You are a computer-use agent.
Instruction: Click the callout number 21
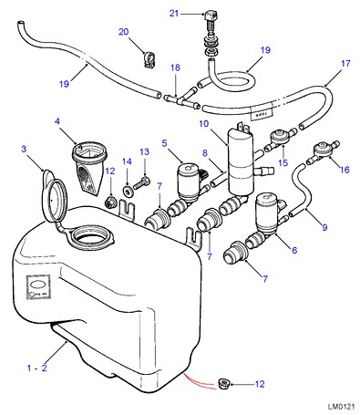coord(174,14)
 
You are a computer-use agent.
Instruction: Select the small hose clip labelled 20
coord(149,59)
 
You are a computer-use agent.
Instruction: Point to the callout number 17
coord(345,64)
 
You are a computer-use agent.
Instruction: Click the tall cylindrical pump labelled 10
coord(241,161)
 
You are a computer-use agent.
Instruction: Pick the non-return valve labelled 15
coord(281,139)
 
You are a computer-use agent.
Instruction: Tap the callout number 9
coord(324,227)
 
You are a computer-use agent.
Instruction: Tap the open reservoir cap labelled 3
coord(54,197)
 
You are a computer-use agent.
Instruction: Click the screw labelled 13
coord(140,183)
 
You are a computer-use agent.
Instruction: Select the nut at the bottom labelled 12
coord(224,384)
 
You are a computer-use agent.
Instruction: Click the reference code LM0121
coord(341,407)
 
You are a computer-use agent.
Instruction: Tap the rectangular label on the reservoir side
coord(38,287)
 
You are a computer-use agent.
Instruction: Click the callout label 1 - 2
coord(37,368)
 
